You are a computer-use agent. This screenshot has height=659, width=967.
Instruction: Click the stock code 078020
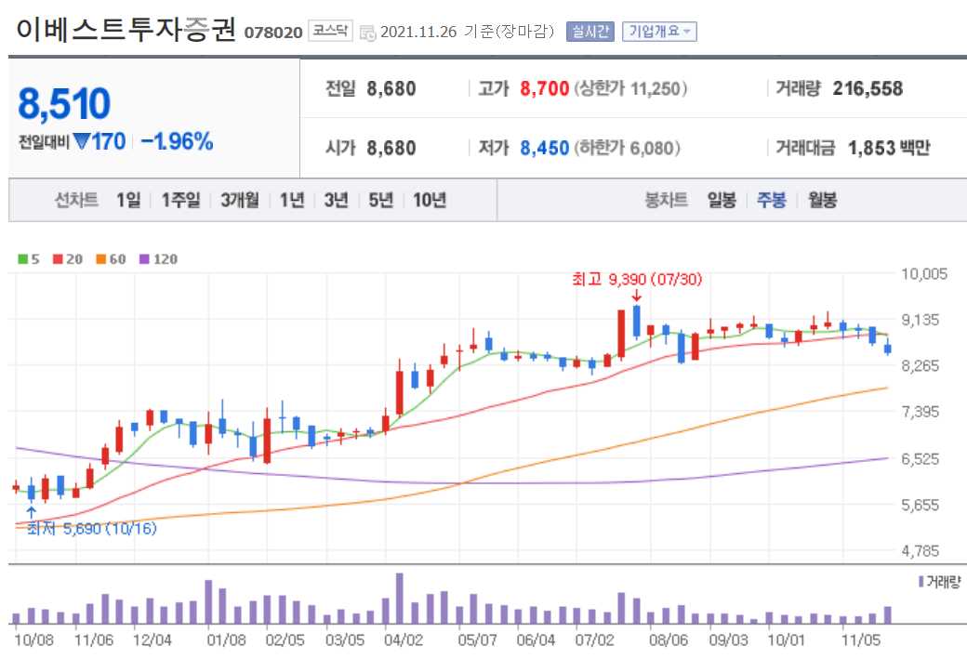tap(272, 33)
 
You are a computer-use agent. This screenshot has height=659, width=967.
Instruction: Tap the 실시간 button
tap(589, 32)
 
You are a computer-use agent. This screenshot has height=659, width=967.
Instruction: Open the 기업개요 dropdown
tap(659, 32)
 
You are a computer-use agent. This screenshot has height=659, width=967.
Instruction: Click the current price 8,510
tap(64, 104)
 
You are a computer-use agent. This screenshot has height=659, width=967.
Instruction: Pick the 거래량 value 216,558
tap(868, 89)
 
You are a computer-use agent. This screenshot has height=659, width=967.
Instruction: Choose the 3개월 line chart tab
tap(240, 200)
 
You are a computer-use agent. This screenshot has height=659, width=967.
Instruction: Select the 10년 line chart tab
tap(430, 200)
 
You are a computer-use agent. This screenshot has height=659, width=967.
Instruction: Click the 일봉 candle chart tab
tap(722, 200)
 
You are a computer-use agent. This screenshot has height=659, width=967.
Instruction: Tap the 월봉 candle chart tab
tap(822, 200)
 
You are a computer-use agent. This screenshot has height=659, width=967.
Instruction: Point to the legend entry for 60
tap(111, 259)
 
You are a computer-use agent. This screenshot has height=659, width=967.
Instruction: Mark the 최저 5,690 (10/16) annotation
tap(92, 528)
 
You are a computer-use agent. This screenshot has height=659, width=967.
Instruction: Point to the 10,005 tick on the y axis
tap(924, 273)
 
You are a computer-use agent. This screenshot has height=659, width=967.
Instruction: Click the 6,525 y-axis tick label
tap(924, 458)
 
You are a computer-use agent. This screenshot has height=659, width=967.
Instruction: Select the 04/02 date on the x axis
tap(404, 639)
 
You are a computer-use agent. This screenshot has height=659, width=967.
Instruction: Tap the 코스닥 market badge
tap(330, 31)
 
